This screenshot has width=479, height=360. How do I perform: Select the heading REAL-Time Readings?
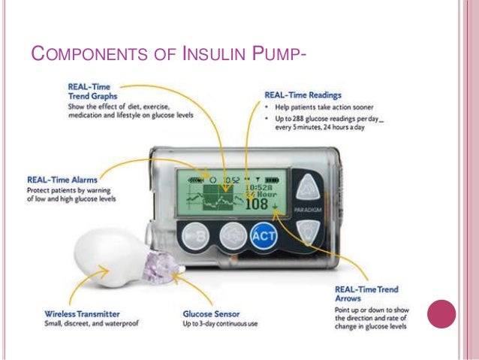point(303,96)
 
